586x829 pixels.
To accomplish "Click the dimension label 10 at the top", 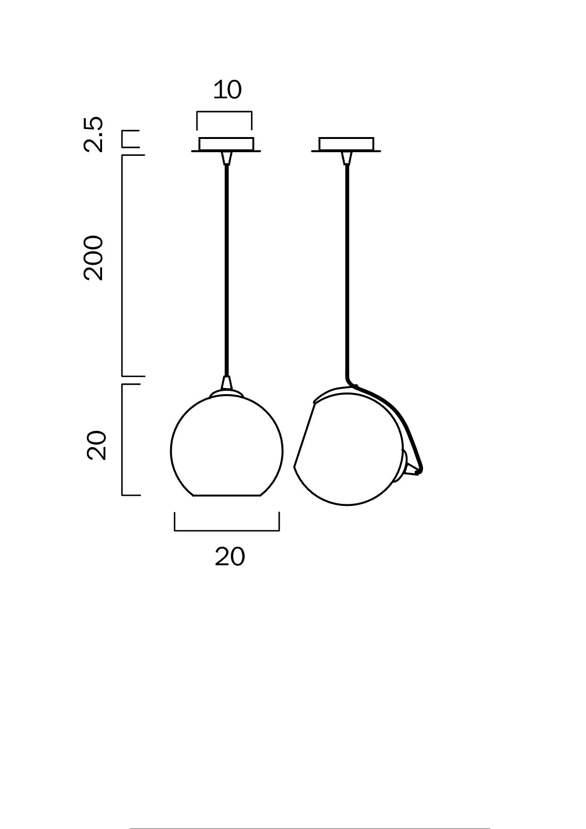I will click(227, 90).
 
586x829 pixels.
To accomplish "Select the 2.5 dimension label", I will click(93, 134).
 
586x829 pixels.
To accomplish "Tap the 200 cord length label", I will click(93, 258).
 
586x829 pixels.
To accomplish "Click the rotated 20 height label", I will click(96, 445).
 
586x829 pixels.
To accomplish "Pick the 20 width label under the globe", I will click(230, 557).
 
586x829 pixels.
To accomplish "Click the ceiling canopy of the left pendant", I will click(226, 144).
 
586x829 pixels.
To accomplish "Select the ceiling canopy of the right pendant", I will click(346, 144).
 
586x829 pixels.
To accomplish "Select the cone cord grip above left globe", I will click(227, 382).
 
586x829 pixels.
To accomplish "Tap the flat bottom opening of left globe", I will click(227, 495).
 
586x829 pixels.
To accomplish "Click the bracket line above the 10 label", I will click(224, 112).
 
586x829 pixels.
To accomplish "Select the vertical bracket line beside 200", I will click(122, 265).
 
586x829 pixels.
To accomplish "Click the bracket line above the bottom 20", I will click(227, 530).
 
